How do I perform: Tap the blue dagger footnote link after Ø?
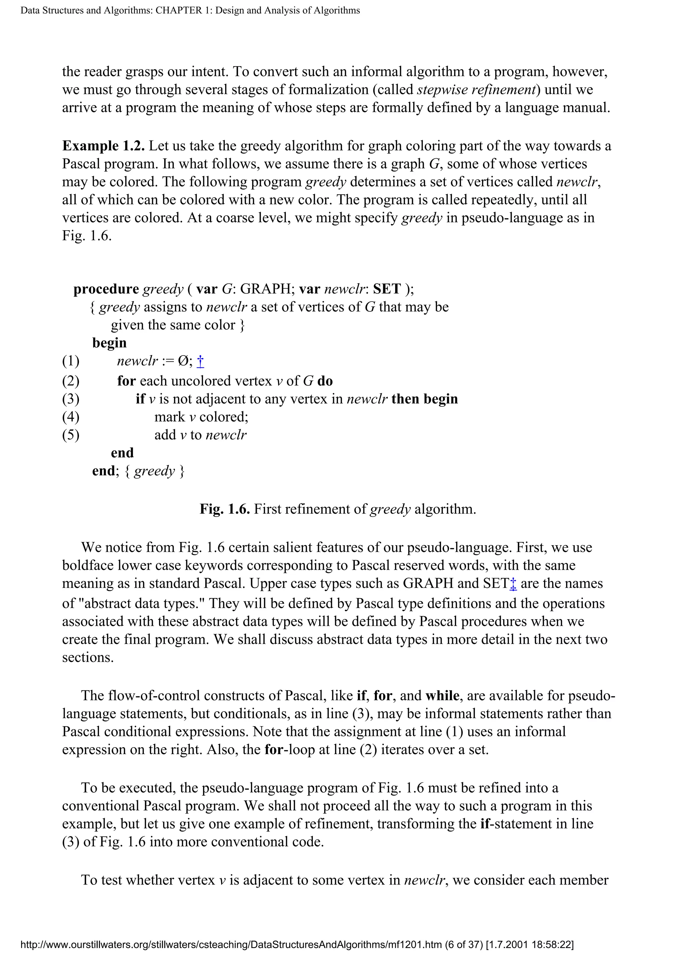tap(200, 361)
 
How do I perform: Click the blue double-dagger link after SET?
tap(513, 584)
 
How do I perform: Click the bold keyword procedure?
tap(106, 289)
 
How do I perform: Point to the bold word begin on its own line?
tap(109, 343)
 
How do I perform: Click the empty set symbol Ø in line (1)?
tap(183, 361)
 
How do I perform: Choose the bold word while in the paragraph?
tap(442, 696)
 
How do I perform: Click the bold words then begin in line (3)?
tap(424, 399)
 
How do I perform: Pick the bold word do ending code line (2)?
tap(325, 381)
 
